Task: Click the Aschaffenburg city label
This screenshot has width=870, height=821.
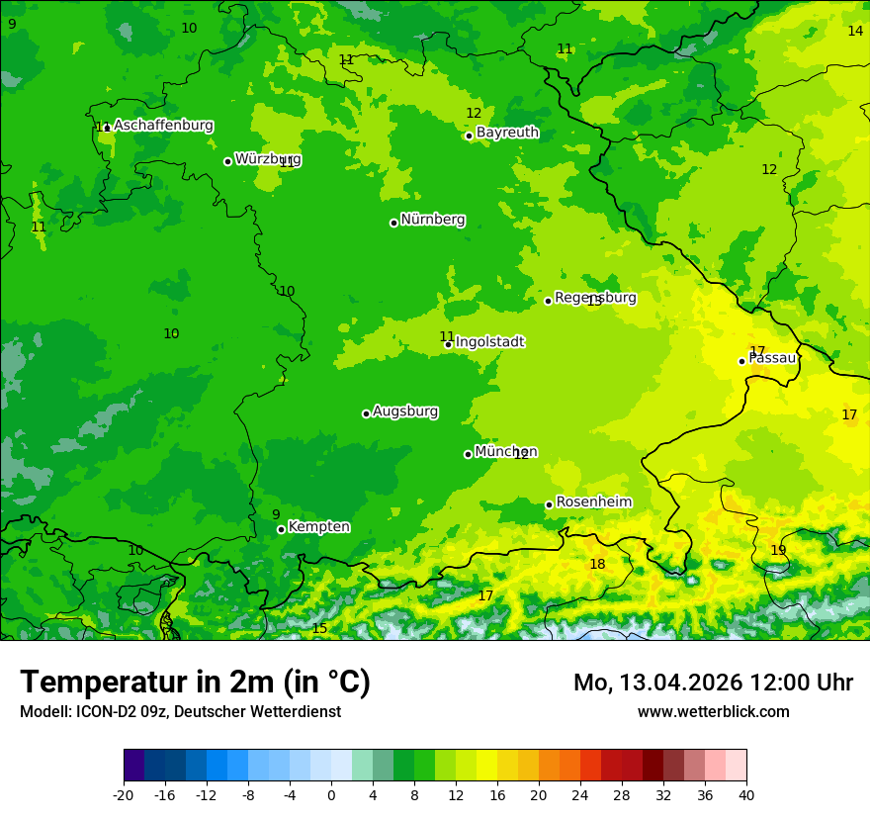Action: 163,126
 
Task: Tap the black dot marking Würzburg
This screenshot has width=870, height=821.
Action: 227,161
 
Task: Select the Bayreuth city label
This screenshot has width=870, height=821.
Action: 507,133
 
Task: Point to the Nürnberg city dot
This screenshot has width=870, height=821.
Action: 393,223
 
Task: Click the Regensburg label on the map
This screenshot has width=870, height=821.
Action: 595,298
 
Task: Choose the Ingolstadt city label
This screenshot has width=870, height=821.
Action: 489,342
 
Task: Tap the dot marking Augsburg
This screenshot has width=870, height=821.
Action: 366,413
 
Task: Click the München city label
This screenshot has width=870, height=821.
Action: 506,452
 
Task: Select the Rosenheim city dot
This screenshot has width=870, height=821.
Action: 549,504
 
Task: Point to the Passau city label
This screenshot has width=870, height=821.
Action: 772,358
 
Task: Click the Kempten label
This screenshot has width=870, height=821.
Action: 318,527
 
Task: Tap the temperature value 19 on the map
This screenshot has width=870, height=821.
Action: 778,550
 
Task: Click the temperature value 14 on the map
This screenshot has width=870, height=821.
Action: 855,31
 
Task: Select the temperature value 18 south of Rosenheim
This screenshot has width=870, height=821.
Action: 597,565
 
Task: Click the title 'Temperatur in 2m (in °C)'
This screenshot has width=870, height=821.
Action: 195,682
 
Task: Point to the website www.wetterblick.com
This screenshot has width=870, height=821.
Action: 713,711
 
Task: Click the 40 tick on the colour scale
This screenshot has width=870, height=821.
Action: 746,794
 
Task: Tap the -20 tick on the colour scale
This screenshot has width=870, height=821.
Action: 124,794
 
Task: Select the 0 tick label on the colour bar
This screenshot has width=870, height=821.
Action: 331,794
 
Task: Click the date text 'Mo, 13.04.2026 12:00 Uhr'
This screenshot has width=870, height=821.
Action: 713,683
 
